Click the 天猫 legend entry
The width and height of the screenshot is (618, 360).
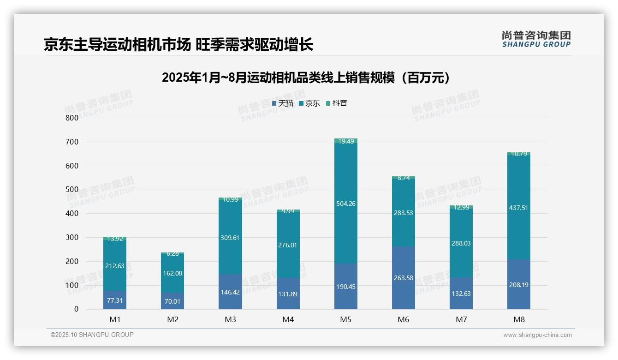point(283,103)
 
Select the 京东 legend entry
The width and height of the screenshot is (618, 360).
point(309,103)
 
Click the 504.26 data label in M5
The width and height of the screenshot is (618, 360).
point(346,204)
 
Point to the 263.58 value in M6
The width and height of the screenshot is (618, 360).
point(404,278)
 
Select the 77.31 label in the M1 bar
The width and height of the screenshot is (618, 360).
point(115,300)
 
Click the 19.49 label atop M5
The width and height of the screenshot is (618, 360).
point(346,141)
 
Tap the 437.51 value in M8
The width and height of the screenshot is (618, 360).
point(519,208)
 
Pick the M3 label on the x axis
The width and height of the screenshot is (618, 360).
point(230,319)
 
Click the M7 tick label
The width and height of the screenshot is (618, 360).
point(461,319)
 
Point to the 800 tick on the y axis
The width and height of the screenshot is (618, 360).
point(72,118)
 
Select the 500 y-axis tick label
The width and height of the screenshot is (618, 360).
point(72,190)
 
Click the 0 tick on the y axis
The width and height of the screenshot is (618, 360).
point(76,309)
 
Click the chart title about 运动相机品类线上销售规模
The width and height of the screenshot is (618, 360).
point(306,78)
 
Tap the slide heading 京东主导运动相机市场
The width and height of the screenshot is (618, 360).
point(178,45)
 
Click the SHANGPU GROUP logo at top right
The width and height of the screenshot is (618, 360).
point(536,39)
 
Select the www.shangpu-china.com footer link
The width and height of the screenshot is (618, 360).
point(537,335)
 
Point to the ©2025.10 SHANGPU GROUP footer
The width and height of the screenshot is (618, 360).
point(92,335)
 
